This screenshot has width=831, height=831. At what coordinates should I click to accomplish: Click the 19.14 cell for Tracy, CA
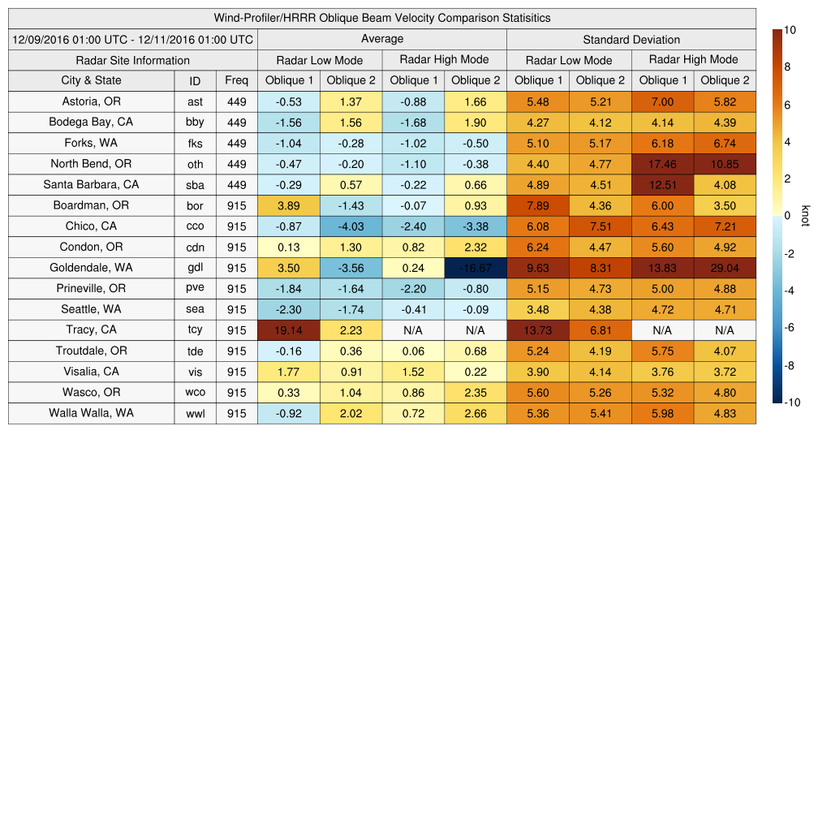[288, 329]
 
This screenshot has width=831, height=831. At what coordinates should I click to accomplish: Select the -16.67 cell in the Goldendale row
[475, 268]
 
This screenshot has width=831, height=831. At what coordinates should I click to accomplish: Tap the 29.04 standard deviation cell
[725, 268]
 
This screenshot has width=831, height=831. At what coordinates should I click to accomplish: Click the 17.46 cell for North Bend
[662, 164]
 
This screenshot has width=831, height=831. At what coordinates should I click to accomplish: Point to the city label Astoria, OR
[91, 101]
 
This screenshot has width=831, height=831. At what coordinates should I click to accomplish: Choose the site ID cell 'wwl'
[195, 414]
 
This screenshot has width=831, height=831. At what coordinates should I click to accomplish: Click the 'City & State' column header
[91, 80]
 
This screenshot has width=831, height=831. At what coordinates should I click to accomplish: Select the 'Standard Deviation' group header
[631, 39]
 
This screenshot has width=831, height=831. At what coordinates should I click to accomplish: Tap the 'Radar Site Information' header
[132, 60]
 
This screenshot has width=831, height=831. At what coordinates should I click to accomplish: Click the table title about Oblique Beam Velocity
[381, 18]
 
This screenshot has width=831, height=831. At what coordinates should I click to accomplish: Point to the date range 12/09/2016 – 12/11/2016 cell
[132, 39]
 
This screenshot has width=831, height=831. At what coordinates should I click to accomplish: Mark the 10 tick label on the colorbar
[790, 30]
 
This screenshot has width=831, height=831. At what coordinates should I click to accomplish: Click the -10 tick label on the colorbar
[792, 403]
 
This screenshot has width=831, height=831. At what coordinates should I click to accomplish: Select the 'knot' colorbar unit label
[805, 217]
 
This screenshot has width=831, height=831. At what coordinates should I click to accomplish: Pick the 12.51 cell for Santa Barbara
[662, 184]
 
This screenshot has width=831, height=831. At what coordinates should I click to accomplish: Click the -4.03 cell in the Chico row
[351, 226]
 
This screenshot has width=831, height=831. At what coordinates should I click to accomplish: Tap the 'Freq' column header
[236, 80]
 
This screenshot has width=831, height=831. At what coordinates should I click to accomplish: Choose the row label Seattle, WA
[91, 309]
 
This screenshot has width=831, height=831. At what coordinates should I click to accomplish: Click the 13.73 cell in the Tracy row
[537, 329]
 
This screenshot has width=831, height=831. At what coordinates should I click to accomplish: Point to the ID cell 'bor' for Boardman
[195, 206]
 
